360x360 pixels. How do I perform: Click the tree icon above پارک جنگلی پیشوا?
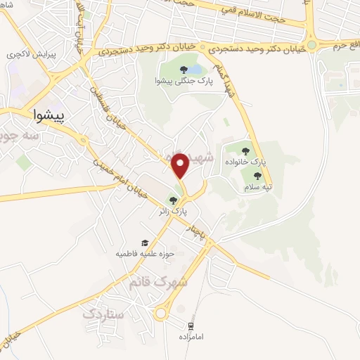(184, 70)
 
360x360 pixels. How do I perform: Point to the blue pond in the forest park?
(195, 70)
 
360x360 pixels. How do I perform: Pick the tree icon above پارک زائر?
(173, 201)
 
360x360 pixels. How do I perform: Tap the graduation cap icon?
(145, 243)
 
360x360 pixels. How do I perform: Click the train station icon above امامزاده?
(190, 326)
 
